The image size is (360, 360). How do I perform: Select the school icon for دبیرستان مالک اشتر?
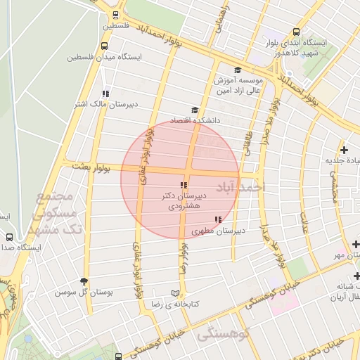[x=105, y=93]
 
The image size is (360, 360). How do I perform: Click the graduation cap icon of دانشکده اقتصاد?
[x=195, y=110]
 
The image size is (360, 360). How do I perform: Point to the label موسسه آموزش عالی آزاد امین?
[x=236, y=83]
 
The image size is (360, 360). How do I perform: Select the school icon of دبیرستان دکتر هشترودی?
[x=184, y=185]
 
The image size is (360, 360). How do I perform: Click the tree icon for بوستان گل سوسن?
[x=85, y=281]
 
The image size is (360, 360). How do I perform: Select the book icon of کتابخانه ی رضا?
[x=176, y=293]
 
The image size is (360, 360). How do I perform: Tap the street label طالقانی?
[x=247, y=141]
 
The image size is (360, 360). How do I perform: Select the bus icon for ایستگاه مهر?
[x=356, y=244]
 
